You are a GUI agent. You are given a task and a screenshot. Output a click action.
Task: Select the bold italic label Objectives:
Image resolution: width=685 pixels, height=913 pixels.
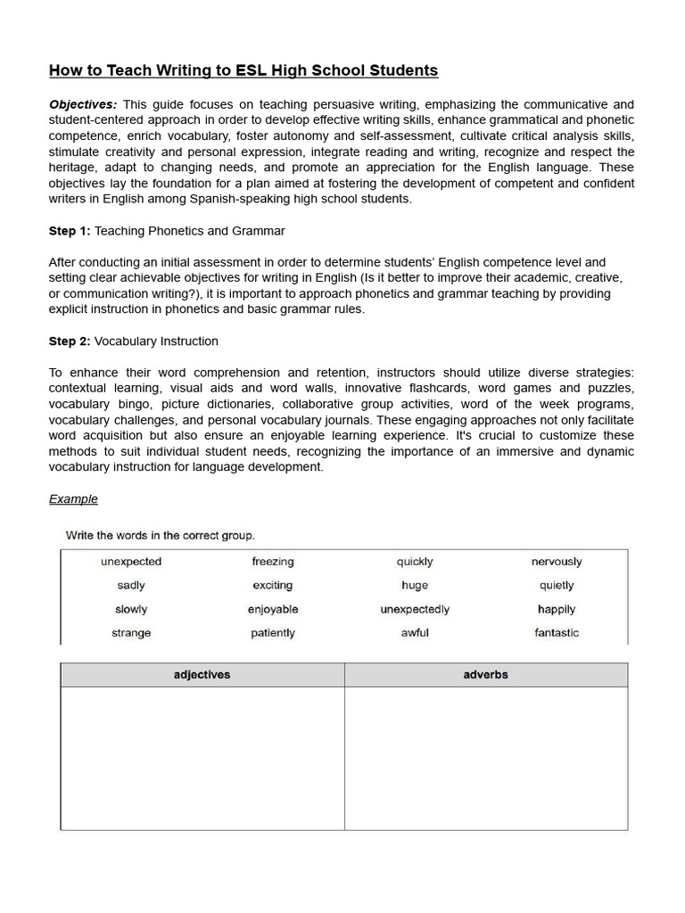coord(83,104)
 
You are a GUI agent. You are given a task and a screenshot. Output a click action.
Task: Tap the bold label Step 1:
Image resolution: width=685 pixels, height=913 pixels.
coord(70,231)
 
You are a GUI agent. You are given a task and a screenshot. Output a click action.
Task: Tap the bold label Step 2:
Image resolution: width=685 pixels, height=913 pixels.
coord(70,341)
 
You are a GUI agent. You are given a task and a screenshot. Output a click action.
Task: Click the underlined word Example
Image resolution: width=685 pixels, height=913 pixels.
coord(73,499)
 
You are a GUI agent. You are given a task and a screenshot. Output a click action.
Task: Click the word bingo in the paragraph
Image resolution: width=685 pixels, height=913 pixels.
coord(136,404)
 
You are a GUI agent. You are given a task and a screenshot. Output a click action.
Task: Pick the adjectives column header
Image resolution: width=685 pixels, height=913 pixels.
coord(202,675)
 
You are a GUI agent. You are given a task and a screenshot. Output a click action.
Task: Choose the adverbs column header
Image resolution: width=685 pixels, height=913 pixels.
coord(485,675)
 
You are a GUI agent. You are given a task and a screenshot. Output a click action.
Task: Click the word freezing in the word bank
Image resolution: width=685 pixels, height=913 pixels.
coord(273,562)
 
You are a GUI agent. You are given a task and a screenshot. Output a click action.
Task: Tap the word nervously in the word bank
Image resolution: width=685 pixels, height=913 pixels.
coord(557,562)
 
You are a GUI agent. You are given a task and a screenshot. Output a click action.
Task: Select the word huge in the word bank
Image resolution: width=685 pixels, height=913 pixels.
coord(415,586)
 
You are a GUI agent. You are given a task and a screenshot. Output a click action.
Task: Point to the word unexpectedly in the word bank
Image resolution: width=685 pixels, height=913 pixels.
coord(415,610)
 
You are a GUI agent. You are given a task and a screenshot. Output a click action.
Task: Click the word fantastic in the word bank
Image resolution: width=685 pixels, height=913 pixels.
coord(557,633)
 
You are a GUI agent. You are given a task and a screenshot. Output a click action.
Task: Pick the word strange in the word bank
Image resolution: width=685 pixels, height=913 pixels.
coord(131,633)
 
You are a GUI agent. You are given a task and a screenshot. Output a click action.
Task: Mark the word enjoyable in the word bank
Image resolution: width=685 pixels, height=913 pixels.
coord(273,610)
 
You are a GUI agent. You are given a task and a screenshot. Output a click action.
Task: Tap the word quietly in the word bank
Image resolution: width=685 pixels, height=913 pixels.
coord(557,586)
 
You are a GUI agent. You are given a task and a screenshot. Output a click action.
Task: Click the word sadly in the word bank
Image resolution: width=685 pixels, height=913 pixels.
coord(131,586)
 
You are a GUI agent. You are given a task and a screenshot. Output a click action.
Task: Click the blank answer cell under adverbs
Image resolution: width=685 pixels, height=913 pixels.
coord(485,758)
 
